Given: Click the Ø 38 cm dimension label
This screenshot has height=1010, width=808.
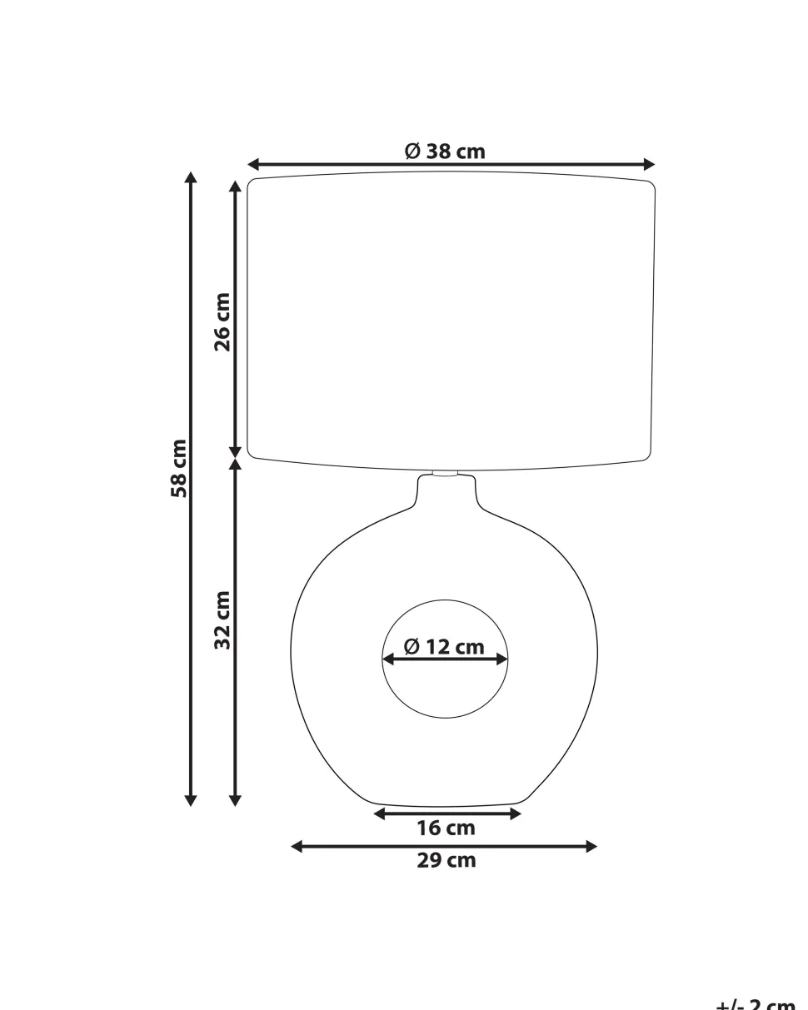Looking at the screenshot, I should click(445, 151).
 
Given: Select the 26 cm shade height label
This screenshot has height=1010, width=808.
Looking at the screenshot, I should click(222, 321).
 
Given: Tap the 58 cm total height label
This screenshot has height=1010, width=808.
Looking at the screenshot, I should click(178, 468).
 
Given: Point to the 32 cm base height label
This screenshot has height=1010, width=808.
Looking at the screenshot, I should click(222, 619).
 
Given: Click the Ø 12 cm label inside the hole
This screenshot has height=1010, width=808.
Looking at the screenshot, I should click(444, 646).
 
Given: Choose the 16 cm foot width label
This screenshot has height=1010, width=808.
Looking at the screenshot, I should click(446, 828).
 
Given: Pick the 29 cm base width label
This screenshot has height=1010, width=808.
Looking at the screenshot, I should click(446, 861).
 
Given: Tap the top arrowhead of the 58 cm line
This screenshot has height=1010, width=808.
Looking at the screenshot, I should click(191, 177).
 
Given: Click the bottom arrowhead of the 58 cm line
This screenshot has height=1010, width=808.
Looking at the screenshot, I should click(191, 801).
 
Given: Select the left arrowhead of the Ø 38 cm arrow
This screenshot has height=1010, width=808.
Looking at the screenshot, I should click(253, 165).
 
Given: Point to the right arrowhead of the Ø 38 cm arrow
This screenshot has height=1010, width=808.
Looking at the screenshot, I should click(650, 165).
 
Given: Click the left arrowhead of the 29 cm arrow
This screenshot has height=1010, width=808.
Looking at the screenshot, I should click(297, 847).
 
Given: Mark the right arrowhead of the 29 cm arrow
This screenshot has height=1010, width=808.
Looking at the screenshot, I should click(592, 847).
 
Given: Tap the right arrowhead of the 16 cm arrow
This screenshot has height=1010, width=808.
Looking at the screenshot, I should click(516, 813).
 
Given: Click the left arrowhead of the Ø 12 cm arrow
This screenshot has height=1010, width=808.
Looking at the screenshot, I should click(387, 659).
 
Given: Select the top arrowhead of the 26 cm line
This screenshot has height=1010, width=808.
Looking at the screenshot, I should click(236, 184).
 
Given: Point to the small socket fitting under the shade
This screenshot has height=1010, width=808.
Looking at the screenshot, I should click(445, 474).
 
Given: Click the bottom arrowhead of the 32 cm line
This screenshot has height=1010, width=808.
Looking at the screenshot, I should click(236, 801).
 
